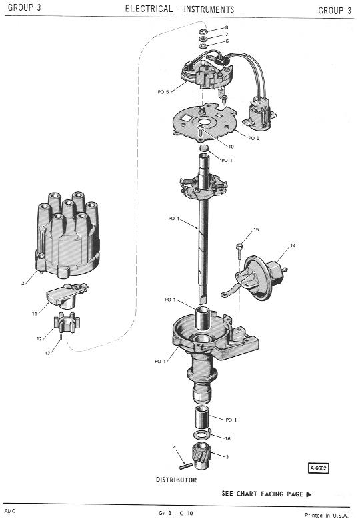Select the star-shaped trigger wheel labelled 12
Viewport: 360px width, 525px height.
[66, 322]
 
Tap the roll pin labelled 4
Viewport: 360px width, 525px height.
[185, 466]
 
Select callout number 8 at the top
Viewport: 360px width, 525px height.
[227, 27]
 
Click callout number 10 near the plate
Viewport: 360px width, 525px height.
[231, 147]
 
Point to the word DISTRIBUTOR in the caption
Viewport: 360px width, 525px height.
[176, 480]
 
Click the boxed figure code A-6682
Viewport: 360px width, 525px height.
[318, 468]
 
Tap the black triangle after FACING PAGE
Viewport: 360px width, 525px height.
[309, 494]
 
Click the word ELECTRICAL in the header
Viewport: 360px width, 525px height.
[149, 9]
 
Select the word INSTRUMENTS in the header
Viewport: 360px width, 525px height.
[209, 9]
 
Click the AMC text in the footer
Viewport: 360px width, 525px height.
[10, 511]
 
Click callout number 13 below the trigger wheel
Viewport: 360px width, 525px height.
[47, 353]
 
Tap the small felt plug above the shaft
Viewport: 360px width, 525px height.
[205, 148]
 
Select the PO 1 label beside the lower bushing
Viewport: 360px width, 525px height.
[231, 420]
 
